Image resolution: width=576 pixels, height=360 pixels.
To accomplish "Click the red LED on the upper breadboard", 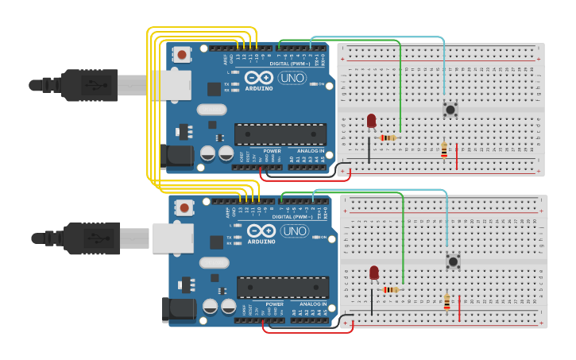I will (x=371, y=120).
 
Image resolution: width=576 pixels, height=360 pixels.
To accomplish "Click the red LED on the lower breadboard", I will (x=374, y=273).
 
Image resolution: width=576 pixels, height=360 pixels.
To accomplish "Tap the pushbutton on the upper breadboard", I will (x=450, y=109).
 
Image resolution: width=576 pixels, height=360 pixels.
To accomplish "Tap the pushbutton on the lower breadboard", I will (x=453, y=260).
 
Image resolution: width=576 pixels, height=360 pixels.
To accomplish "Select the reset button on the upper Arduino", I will (x=183, y=55).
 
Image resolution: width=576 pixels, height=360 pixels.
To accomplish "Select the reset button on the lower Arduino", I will (x=185, y=208).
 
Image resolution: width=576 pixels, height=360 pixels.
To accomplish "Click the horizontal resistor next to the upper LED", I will (x=389, y=137).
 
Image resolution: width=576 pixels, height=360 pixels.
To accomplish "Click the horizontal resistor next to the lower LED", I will (x=391, y=290).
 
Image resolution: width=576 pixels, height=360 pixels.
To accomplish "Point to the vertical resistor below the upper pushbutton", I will (x=444, y=149).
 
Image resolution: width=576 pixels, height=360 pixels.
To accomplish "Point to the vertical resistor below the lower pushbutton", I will (x=446, y=302).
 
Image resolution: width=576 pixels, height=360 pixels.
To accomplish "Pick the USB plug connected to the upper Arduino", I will (x=87, y=84).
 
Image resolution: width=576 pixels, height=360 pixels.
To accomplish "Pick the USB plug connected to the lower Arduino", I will (x=90, y=237).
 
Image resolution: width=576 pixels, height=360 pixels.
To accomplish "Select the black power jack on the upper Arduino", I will (x=176, y=157).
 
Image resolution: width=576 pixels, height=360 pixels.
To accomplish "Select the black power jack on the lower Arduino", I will (x=178, y=309).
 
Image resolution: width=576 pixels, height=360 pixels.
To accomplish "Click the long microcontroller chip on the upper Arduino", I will (x=280, y=134).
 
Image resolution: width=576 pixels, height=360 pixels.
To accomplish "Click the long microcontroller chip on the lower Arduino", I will (x=283, y=287).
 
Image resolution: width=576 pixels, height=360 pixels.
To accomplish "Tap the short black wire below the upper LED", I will (x=369, y=150).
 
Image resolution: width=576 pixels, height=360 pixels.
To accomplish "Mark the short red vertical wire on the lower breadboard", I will (x=459, y=308).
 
